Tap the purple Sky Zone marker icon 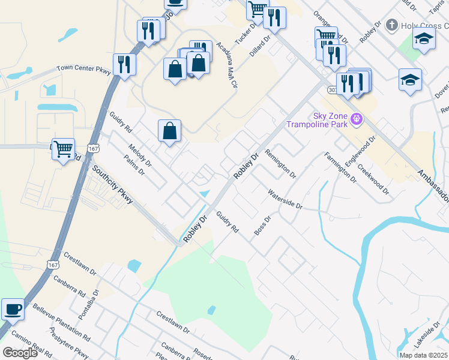pos(357,119)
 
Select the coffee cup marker pos(13,310)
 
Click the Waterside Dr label pos(285,200)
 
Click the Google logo pos(20,353)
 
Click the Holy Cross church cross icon pos(391,25)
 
